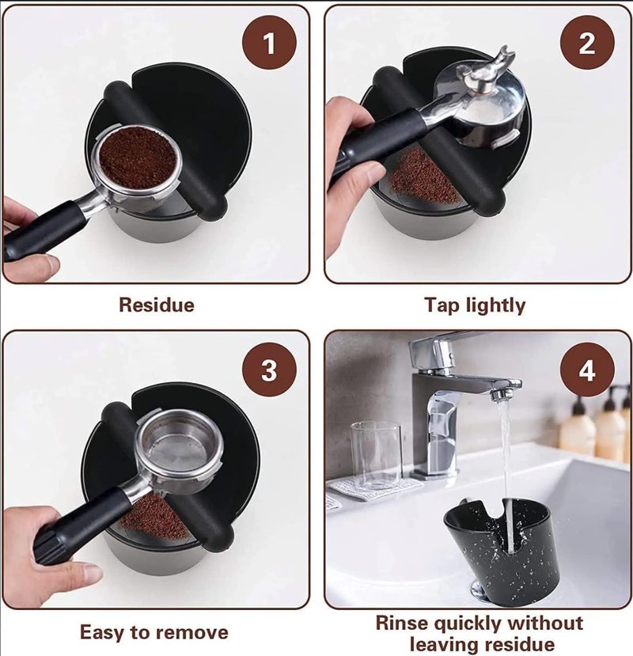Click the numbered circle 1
(269, 43)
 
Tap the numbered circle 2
(587, 43)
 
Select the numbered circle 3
(269, 370)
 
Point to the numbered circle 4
(587, 370)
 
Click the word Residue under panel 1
(157, 305)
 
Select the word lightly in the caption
(495, 305)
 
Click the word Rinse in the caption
(402, 623)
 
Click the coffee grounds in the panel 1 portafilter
(137, 158)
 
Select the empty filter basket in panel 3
(179, 446)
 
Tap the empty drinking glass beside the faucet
(376, 455)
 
